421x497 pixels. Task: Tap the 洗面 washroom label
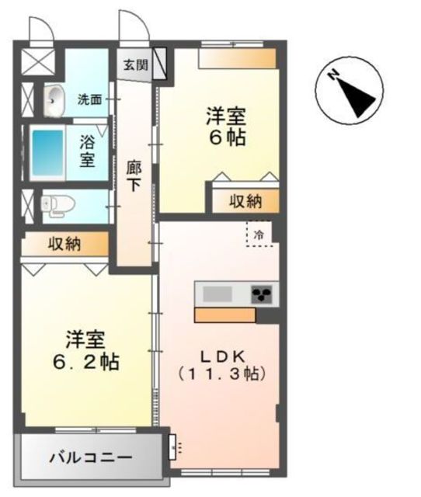coord(89,99)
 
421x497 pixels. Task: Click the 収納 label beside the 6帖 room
coord(245,201)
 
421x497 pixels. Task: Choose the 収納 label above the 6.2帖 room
coord(65,245)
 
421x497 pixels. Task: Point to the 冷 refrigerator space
coord(259,232)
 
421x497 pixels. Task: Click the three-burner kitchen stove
coord(263,294)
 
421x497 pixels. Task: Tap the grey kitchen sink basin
coord(217,294)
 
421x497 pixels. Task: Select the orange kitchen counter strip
coord(225,315)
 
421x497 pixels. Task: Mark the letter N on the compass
coord(332,75)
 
